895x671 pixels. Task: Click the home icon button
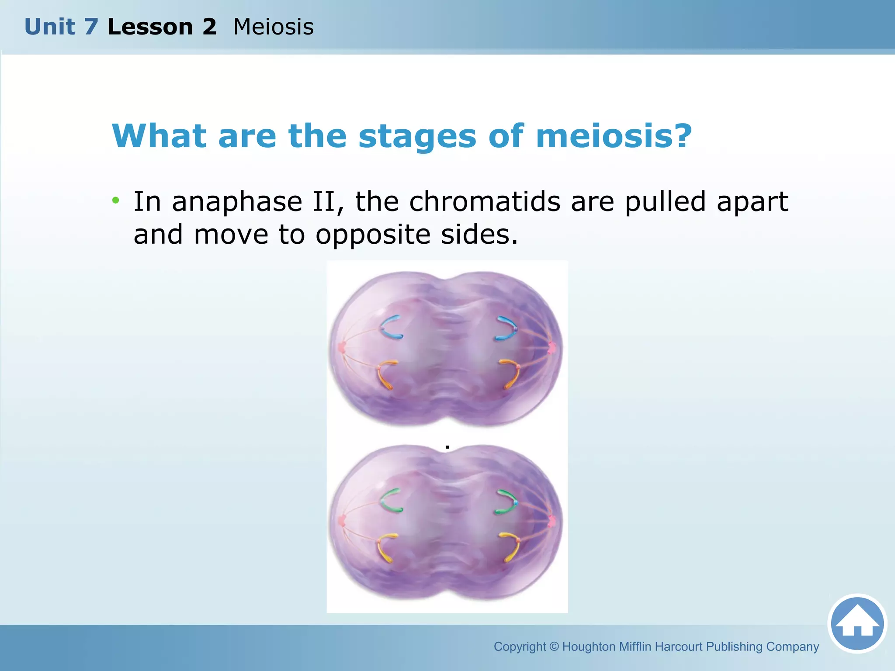tap(857, 623)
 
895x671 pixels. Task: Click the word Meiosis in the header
tap(273, 27)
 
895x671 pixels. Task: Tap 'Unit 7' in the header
tap(61, 27)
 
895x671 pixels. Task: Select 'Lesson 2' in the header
tap(162, 27)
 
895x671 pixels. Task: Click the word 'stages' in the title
tap(417, 136)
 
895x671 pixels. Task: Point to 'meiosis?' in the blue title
tap(614, 136)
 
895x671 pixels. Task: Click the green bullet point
tap(115, 201)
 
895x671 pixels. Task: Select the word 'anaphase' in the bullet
tap(237, 202)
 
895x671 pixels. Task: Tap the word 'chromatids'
tap(485, 202)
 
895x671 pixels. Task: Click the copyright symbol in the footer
tap(554, 647)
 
